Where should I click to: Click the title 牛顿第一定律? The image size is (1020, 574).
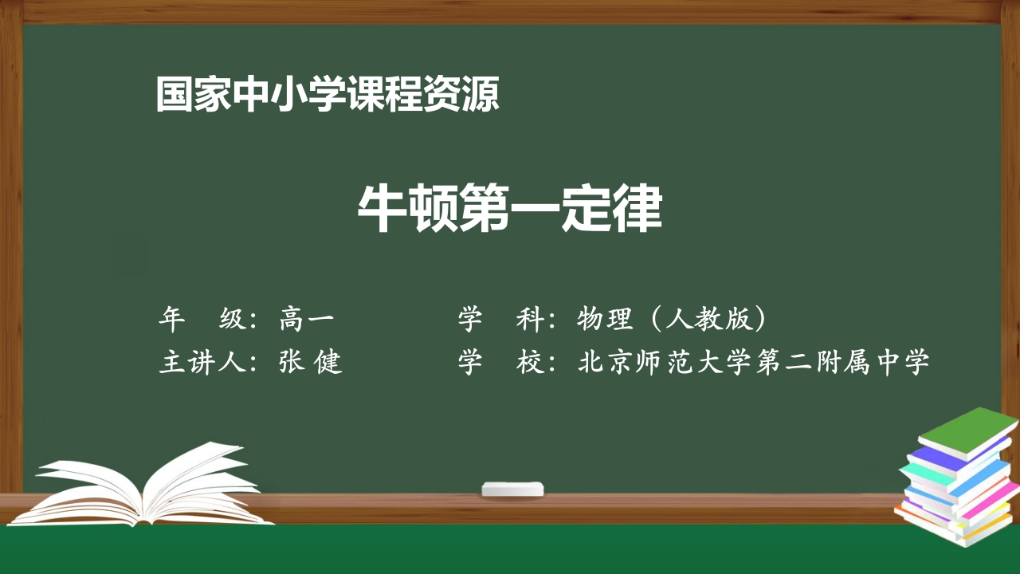(509, 210)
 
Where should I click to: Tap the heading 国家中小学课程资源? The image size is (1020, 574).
(328, 95)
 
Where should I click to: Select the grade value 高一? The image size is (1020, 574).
(307, 319)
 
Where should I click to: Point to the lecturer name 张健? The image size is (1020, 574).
(310, 363)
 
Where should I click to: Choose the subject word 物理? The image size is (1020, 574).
(605, 319)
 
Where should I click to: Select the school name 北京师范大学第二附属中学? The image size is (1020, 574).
(754, 363)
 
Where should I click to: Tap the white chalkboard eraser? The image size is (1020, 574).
(513, 488)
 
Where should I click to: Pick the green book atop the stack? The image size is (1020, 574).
(967, 432)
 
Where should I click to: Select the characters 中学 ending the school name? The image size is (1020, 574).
(909, 363)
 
